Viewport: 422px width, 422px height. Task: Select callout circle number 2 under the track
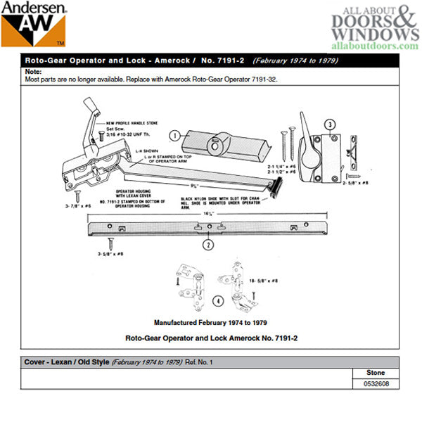click(207, 245)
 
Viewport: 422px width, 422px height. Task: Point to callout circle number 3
click(328, 125)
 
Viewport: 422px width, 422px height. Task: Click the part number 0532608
click(376, 384)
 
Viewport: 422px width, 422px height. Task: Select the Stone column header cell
click(376, 373)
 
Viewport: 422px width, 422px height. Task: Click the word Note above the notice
click(32, 72)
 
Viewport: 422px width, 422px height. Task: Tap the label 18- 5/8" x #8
click(264, 281)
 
